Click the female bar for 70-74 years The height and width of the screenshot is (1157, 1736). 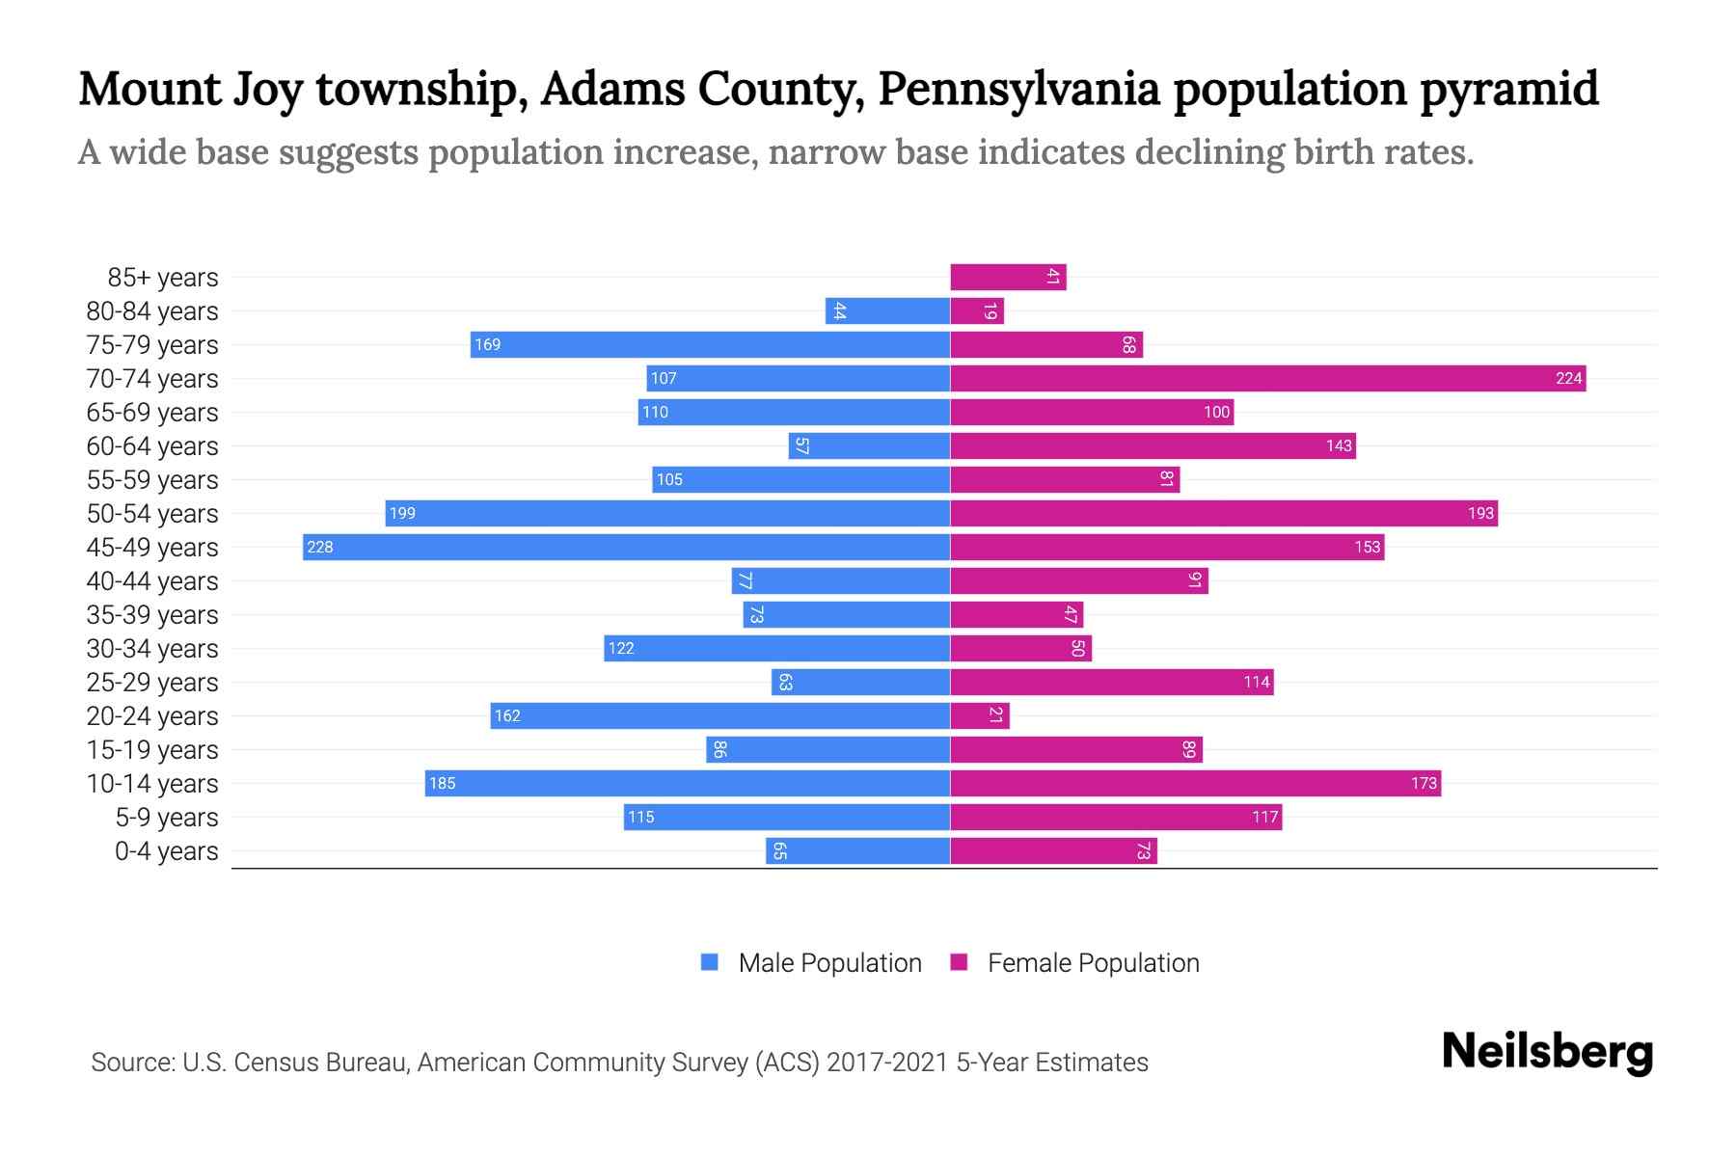pos(1267,378)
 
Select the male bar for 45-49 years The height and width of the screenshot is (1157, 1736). pos(626,547)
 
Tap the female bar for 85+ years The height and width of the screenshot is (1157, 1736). pos(1008,277)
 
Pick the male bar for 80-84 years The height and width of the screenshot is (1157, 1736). pos(887,310)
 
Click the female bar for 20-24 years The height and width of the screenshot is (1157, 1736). pos(979,715)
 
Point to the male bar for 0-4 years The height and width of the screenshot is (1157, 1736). pos(857,850)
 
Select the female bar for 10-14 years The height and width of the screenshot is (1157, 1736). pos(1195,783)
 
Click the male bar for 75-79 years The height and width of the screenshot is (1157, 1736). pos(710,344)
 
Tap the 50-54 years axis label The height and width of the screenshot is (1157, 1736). pos(152,514)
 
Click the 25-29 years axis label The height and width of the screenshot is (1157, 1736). pos(152,683)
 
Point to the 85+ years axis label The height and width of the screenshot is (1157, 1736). pos(163,278)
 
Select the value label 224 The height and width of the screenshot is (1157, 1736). pos(1568,378)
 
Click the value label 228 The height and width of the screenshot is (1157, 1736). pos(320,547)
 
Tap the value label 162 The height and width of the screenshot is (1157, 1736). pos(507,715)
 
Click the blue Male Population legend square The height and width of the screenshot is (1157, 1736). pos(710,962)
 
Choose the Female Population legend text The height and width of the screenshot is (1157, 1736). pos(1093,962)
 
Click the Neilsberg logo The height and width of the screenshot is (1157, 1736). pos(1547,1051)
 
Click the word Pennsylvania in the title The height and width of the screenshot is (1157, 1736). pos(1018,89)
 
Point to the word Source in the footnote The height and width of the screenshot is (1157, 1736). pos(131,1063)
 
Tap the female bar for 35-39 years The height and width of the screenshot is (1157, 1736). pos(1017,614)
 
